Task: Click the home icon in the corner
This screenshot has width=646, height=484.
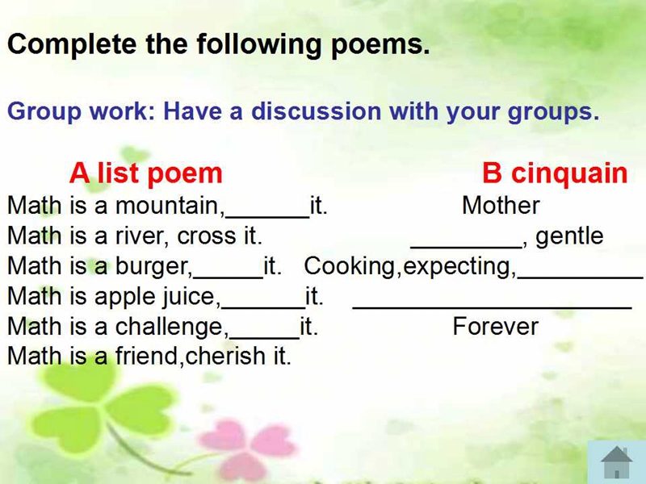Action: click(x=616, y=462)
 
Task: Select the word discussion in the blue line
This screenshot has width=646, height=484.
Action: click(x=316, y=111)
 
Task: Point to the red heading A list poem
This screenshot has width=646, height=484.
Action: click(x=146, y=173)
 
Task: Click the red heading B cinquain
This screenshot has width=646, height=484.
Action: click(x=555, y=173)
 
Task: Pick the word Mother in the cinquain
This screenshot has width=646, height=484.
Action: click(x=501, y=205)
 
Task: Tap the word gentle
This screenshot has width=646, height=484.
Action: click(x=569, y=236)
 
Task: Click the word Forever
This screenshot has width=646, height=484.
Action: click(x=496, y=327)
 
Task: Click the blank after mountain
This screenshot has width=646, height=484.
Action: click(x=267, y=216)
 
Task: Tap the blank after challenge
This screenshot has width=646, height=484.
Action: click(x=265, y=338)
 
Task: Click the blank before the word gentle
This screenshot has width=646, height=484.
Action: click(x=467, y=248)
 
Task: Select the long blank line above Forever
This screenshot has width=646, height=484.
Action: click(x=493, y=307)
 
